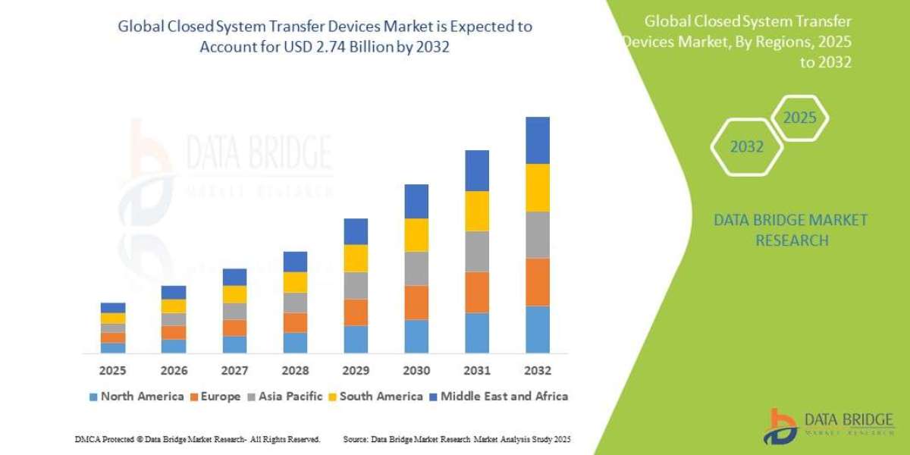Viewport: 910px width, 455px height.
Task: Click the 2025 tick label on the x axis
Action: pyautogui.click(x=112, y=371)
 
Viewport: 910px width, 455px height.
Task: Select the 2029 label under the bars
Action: pyautogui.click(x=356, y=371)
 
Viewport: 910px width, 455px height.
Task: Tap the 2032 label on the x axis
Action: pyautogui.click(x=538, y=371)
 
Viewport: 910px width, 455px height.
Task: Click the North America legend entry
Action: pyautogui.click(x=136, y=396)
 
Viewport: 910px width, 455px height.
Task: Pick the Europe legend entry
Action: pyautogui.click(x=215, y=396)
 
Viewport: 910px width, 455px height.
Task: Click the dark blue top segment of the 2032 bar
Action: pyautogui.click(x=538, y=140)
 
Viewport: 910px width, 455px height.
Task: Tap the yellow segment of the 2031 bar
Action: pyautogui.click(x=477, y=211)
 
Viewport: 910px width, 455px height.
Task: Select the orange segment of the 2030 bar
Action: pyautogui.click(x=416, y=302)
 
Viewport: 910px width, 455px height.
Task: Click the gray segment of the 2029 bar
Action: pyautogui.click(x=356, y=285)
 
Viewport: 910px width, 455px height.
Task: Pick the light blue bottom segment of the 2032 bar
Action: pyautogui.click(x=538, y=329)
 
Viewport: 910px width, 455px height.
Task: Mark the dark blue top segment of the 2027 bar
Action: pyautogui.click(x=234, y=277)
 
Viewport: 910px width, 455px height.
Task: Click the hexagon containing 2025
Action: pyautogui.click(x=799, y=118)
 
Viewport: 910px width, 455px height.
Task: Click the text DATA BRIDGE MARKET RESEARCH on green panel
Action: pyautogui.click(x=790, y=230)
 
